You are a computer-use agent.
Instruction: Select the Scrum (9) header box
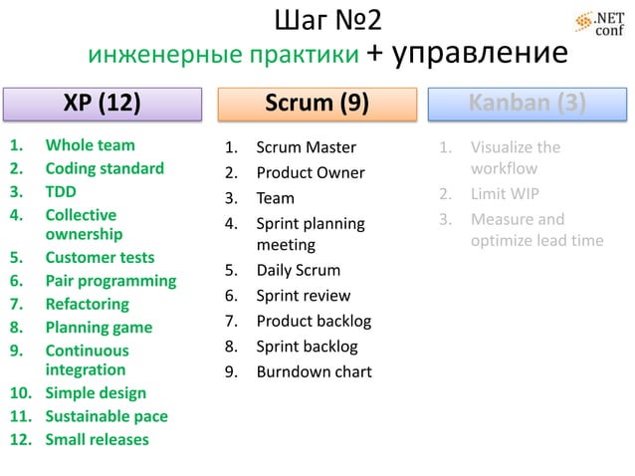[x=317, y=104]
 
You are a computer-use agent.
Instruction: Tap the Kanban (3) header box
[x=528, y=104]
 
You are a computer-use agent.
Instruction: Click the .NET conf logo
[x=600, y=23]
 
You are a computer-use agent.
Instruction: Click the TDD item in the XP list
[x=61, y=191]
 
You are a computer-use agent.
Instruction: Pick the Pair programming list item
[x=110, y=281]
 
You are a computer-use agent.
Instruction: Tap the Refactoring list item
[x=87, y=304]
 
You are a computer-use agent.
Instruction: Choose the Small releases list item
[x=97, y=439]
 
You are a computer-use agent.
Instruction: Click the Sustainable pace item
[x=106, y=416]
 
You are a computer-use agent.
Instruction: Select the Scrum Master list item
[x=306, y=147]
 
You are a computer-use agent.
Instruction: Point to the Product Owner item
[x=311, y=172]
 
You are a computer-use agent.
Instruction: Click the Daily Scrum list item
[x=298, y=270]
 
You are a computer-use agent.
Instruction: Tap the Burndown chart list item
[x=314, y=371]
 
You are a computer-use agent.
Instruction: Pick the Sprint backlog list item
[x=307, y=347]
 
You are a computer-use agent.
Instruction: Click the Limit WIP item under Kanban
[x=505, y=193]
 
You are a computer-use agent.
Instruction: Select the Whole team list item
[x=90, y=145]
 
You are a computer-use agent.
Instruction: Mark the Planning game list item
[x=99, y=327]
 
